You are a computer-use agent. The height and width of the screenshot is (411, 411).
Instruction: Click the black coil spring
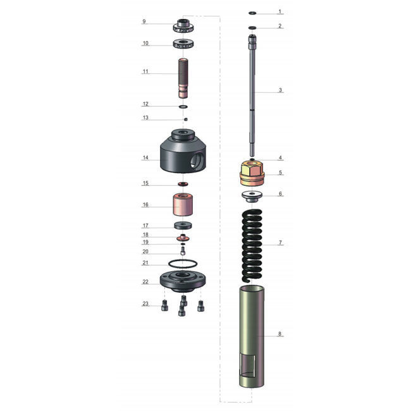(252, 245)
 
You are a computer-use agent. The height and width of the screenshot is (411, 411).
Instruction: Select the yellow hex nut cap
(252, 173)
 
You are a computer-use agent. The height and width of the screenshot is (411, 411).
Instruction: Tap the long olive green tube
(252, 337)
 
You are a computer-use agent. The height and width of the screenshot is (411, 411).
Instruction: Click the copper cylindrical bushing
(183, 204)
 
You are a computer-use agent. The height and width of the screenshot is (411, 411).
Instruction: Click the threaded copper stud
(183, 78)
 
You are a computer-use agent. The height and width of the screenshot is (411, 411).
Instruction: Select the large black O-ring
(183, 264)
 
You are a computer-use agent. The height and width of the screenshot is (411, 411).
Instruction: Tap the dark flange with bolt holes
(183, 282)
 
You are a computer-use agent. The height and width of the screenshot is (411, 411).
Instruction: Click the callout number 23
(145, 304)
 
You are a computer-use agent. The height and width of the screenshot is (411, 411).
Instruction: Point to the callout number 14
(145, 157)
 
